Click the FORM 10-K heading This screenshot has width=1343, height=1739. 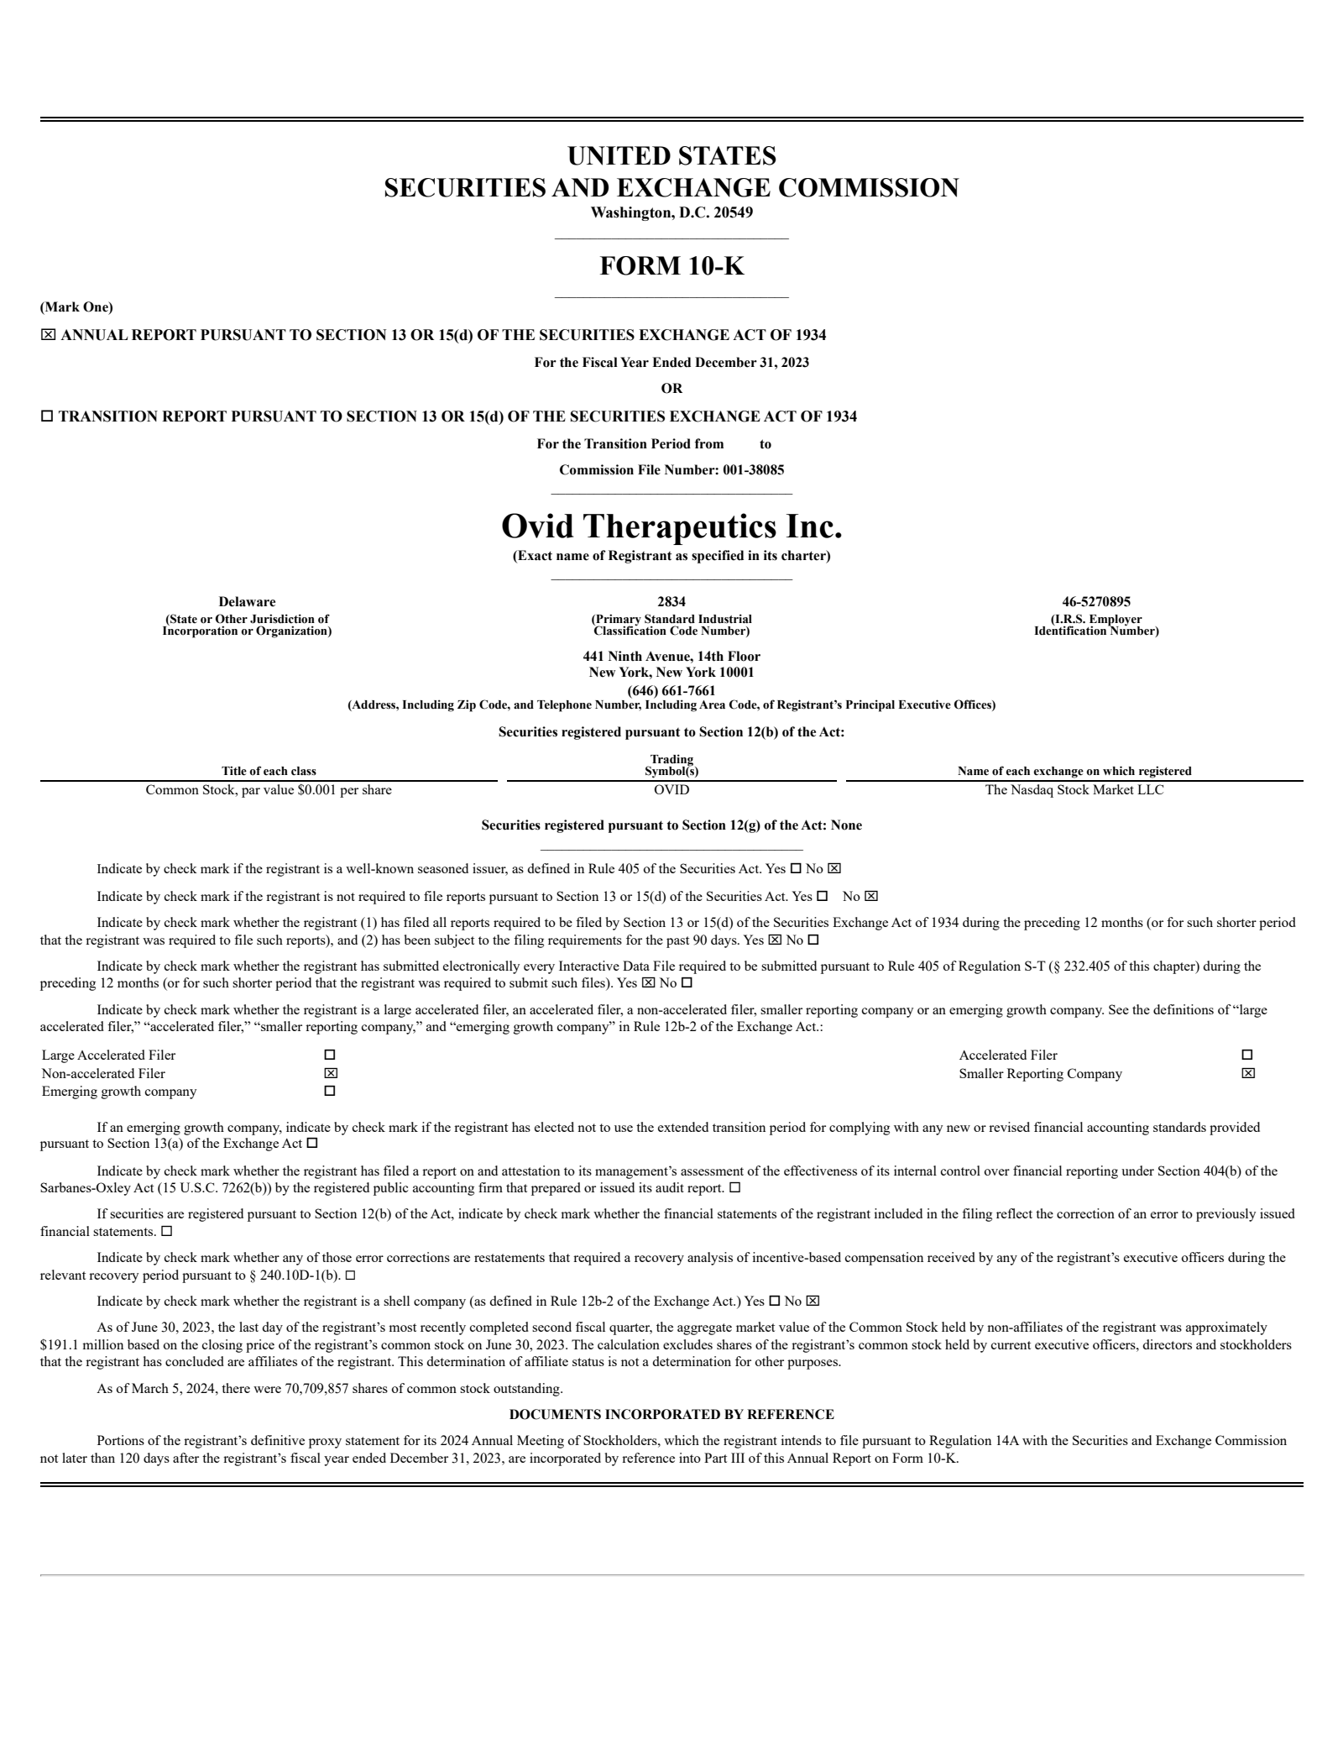[671, 266]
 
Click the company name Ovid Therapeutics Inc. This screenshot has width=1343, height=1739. [671, 526]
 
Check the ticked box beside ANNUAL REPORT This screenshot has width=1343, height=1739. [48, 335]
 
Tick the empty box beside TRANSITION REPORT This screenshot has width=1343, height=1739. [47, 416]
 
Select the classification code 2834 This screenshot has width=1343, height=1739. [671, 602]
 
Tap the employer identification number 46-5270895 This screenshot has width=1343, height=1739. [1096, 602]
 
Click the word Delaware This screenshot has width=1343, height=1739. [247, 602]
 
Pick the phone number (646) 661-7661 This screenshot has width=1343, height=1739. [671, 691]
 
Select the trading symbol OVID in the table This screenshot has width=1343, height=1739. [671, 790]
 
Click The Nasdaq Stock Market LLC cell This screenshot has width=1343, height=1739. [1074, 790]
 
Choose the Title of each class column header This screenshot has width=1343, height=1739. [269, 771]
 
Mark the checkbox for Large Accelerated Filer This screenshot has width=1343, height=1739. [330, 1055]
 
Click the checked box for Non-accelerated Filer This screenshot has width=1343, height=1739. [331, 1073]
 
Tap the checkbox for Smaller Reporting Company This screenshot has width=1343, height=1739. [1248, 1073]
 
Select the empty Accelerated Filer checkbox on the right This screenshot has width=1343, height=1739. [1247, 1055]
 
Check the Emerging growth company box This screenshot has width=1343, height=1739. [330, 1092]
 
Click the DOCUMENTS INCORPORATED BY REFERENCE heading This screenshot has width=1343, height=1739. [671, 1415]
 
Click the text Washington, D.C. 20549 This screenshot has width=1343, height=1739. [671, 212]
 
